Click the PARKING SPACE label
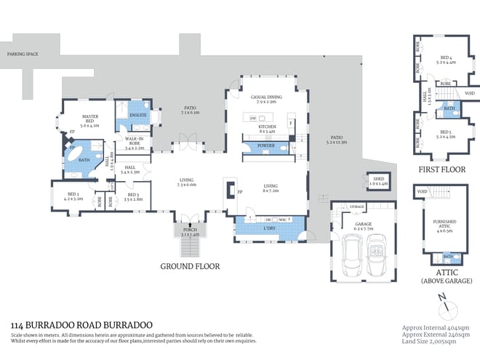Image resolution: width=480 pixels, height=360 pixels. (x=22, y=55)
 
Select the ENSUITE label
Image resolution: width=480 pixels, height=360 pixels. (x=138, y=114)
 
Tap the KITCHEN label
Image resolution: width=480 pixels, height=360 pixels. (x=268, y=127)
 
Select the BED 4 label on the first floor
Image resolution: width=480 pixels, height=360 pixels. (x=447, y=57)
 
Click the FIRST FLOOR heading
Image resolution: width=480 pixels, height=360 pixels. (x=441, y=169)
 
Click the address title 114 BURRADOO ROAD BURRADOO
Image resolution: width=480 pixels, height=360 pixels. (x=82, y=327)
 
